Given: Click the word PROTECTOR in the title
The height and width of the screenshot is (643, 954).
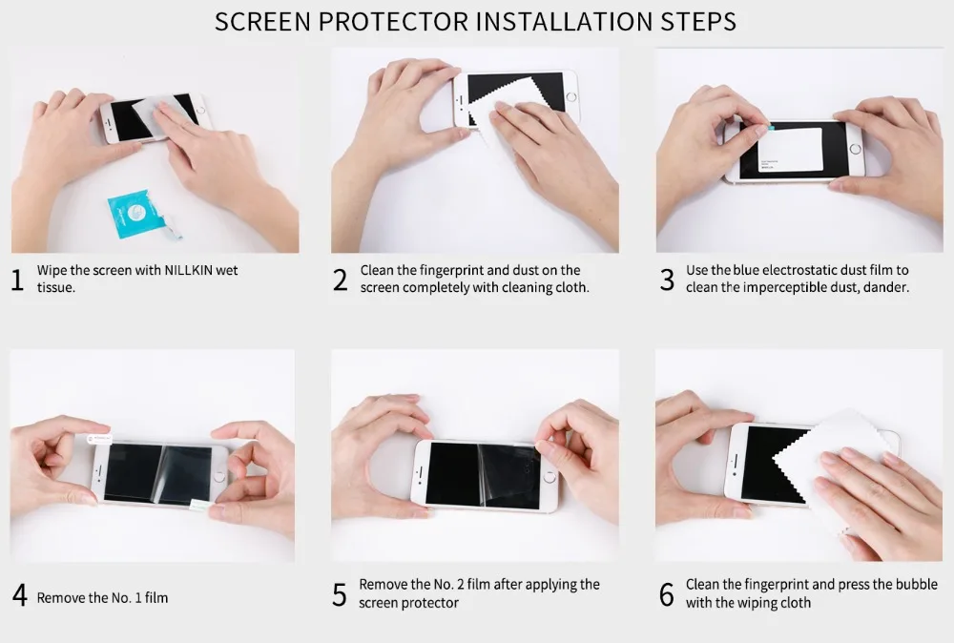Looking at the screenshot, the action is pyautogui.click(x=393, y=21).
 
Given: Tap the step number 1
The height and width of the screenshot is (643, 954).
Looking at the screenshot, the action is pyautogui.click(x=17, y=280).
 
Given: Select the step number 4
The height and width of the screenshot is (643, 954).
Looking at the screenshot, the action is pyautogui.click(x=19, y=595).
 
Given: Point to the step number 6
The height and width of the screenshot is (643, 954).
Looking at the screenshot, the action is pyautogui.click(x=667, y=594).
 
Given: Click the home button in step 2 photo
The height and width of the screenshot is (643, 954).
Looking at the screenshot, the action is pyautogui.click(x=570, y=96).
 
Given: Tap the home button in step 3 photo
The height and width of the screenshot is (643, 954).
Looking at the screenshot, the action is pyautogui.click(x=855, y=149).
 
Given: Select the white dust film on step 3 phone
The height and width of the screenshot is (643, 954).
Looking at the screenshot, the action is pyautogui.click(x=790, y=149).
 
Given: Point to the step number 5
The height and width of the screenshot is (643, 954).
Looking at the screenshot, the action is pyautogui.click(x=340, y=594).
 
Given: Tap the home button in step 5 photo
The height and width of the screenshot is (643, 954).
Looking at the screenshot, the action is pyautogui.click(x=550, y=477).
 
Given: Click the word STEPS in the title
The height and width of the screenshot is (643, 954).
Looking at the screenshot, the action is pyautogui.click(x=698, y=21).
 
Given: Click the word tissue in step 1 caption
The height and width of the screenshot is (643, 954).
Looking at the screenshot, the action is pyautogui.click(x=56, y=288).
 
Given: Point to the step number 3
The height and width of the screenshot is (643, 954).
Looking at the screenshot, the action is pyautogui.click(x=667, y=280).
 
